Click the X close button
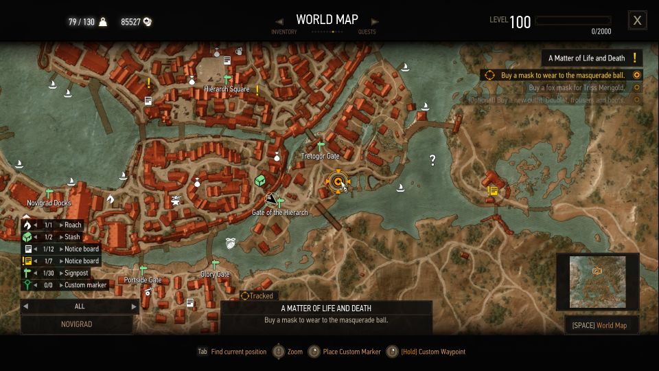[x=637, y=21]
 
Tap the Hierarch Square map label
[x=227, y=89]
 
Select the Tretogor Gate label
[x=320, y=156]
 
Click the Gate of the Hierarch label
[x=279, y=212]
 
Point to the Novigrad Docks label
[x=49, y=203]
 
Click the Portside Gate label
[x=143, y=280]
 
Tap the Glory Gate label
[x=215, y=274]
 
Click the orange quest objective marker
[x=337, y=182]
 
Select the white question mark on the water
[x=432, y=160]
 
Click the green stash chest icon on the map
[x=260, y=180]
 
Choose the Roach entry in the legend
[x=72, y=225]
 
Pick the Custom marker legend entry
[x=85, y=285]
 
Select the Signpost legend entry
[x=78, y=273]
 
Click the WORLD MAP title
[x=327, y=19]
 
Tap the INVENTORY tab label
[x=284, y=32]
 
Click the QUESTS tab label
[x=367, y=32]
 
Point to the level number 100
[x=520, y=22]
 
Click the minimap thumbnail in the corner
[x=597, y=282]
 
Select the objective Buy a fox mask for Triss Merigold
[x=577, y=88]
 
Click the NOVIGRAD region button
[x=76, y=324]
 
